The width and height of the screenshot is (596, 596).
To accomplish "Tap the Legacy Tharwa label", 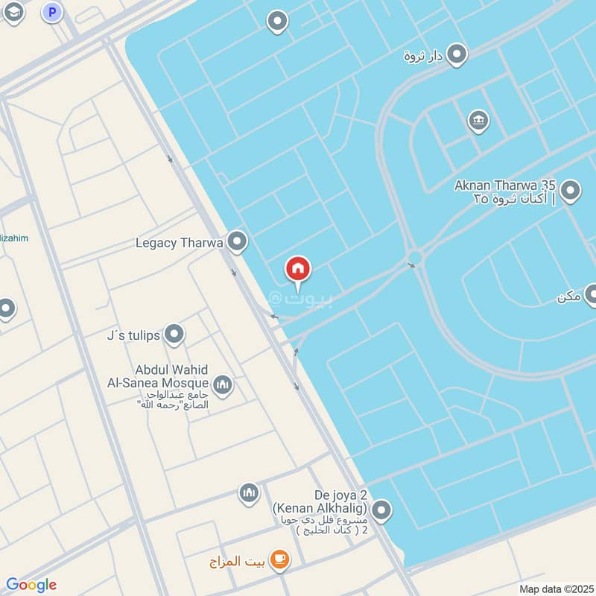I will (x=180, y=243).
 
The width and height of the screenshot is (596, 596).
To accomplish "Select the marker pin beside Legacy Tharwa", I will (x=237, y=241).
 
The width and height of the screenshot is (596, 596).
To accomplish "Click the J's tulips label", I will (x=133, y=335).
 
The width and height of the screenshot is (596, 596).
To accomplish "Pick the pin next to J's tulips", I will (x=174, y=335).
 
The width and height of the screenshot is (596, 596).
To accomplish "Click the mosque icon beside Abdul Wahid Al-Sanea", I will (x=222, y=385).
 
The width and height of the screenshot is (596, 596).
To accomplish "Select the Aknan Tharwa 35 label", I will (x=506, y=191).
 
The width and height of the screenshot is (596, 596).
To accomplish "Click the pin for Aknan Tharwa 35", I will (x=571, y=191).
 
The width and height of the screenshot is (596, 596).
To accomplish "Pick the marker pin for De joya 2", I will (x=381, y=510).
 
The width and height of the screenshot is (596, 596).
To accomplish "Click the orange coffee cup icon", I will (x=279, y=559).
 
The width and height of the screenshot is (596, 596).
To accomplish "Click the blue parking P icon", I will (x=51, y=12).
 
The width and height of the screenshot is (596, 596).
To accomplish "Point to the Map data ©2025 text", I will (x=555, y=589).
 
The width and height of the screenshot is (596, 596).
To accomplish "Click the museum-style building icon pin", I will (x=478, y=121).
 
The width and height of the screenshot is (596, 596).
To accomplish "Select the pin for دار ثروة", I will (x=456, y=54).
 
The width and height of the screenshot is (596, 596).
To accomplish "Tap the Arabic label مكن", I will (x=568, y=297).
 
